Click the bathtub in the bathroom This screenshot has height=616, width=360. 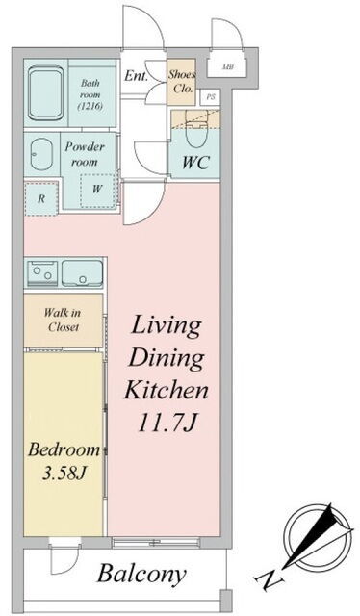[46, 93]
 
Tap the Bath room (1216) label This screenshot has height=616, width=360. [90, 94]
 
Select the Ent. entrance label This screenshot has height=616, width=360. [136, 76]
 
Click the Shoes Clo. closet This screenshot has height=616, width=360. [182, 82]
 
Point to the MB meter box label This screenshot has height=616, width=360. [228, 66]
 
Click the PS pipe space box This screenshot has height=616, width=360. [210, 97]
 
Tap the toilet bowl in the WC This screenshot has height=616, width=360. [195, 131]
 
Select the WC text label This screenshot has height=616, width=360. [195, 162]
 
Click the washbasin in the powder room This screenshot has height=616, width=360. [41, 154]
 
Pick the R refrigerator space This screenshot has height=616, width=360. [40, 198]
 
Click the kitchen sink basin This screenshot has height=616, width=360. [82, 273]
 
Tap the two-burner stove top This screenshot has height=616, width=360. [42, 272]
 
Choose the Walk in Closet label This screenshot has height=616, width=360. [63, 320]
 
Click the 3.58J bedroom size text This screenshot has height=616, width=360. [64, 474]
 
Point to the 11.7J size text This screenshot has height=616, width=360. [167, 423]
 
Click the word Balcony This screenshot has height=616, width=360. [141, 575]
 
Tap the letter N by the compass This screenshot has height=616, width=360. [270, 579]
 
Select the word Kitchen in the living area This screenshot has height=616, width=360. [166, 390]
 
